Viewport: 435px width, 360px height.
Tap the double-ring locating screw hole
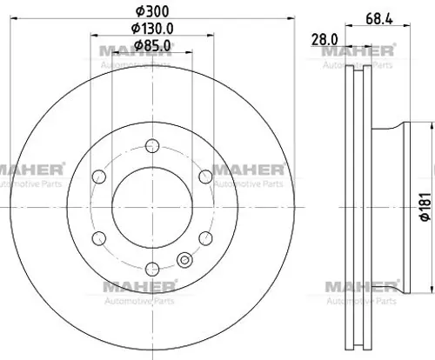click(x=184, y=258)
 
